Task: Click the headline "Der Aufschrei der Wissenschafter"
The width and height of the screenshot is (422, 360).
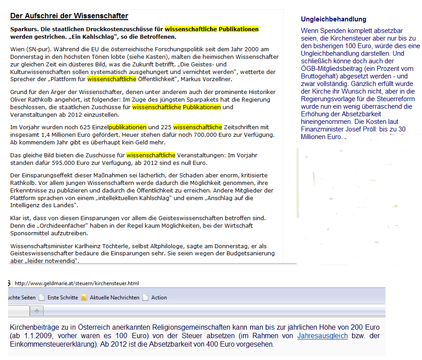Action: (69, 16)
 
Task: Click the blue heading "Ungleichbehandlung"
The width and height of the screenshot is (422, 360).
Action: (333, 19)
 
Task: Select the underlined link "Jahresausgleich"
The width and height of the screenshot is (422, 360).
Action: (322, 335)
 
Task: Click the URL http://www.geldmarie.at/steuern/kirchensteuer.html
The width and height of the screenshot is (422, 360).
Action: (77, 283)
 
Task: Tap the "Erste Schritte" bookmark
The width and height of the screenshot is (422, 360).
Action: (62, 298)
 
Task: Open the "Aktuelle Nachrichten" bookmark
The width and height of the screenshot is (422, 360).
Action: (114, 298)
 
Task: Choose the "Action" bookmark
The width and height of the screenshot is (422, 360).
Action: (159, 298)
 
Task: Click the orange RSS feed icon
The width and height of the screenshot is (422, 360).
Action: (84, 298)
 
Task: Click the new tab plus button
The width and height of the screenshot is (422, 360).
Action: (37, 311)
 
